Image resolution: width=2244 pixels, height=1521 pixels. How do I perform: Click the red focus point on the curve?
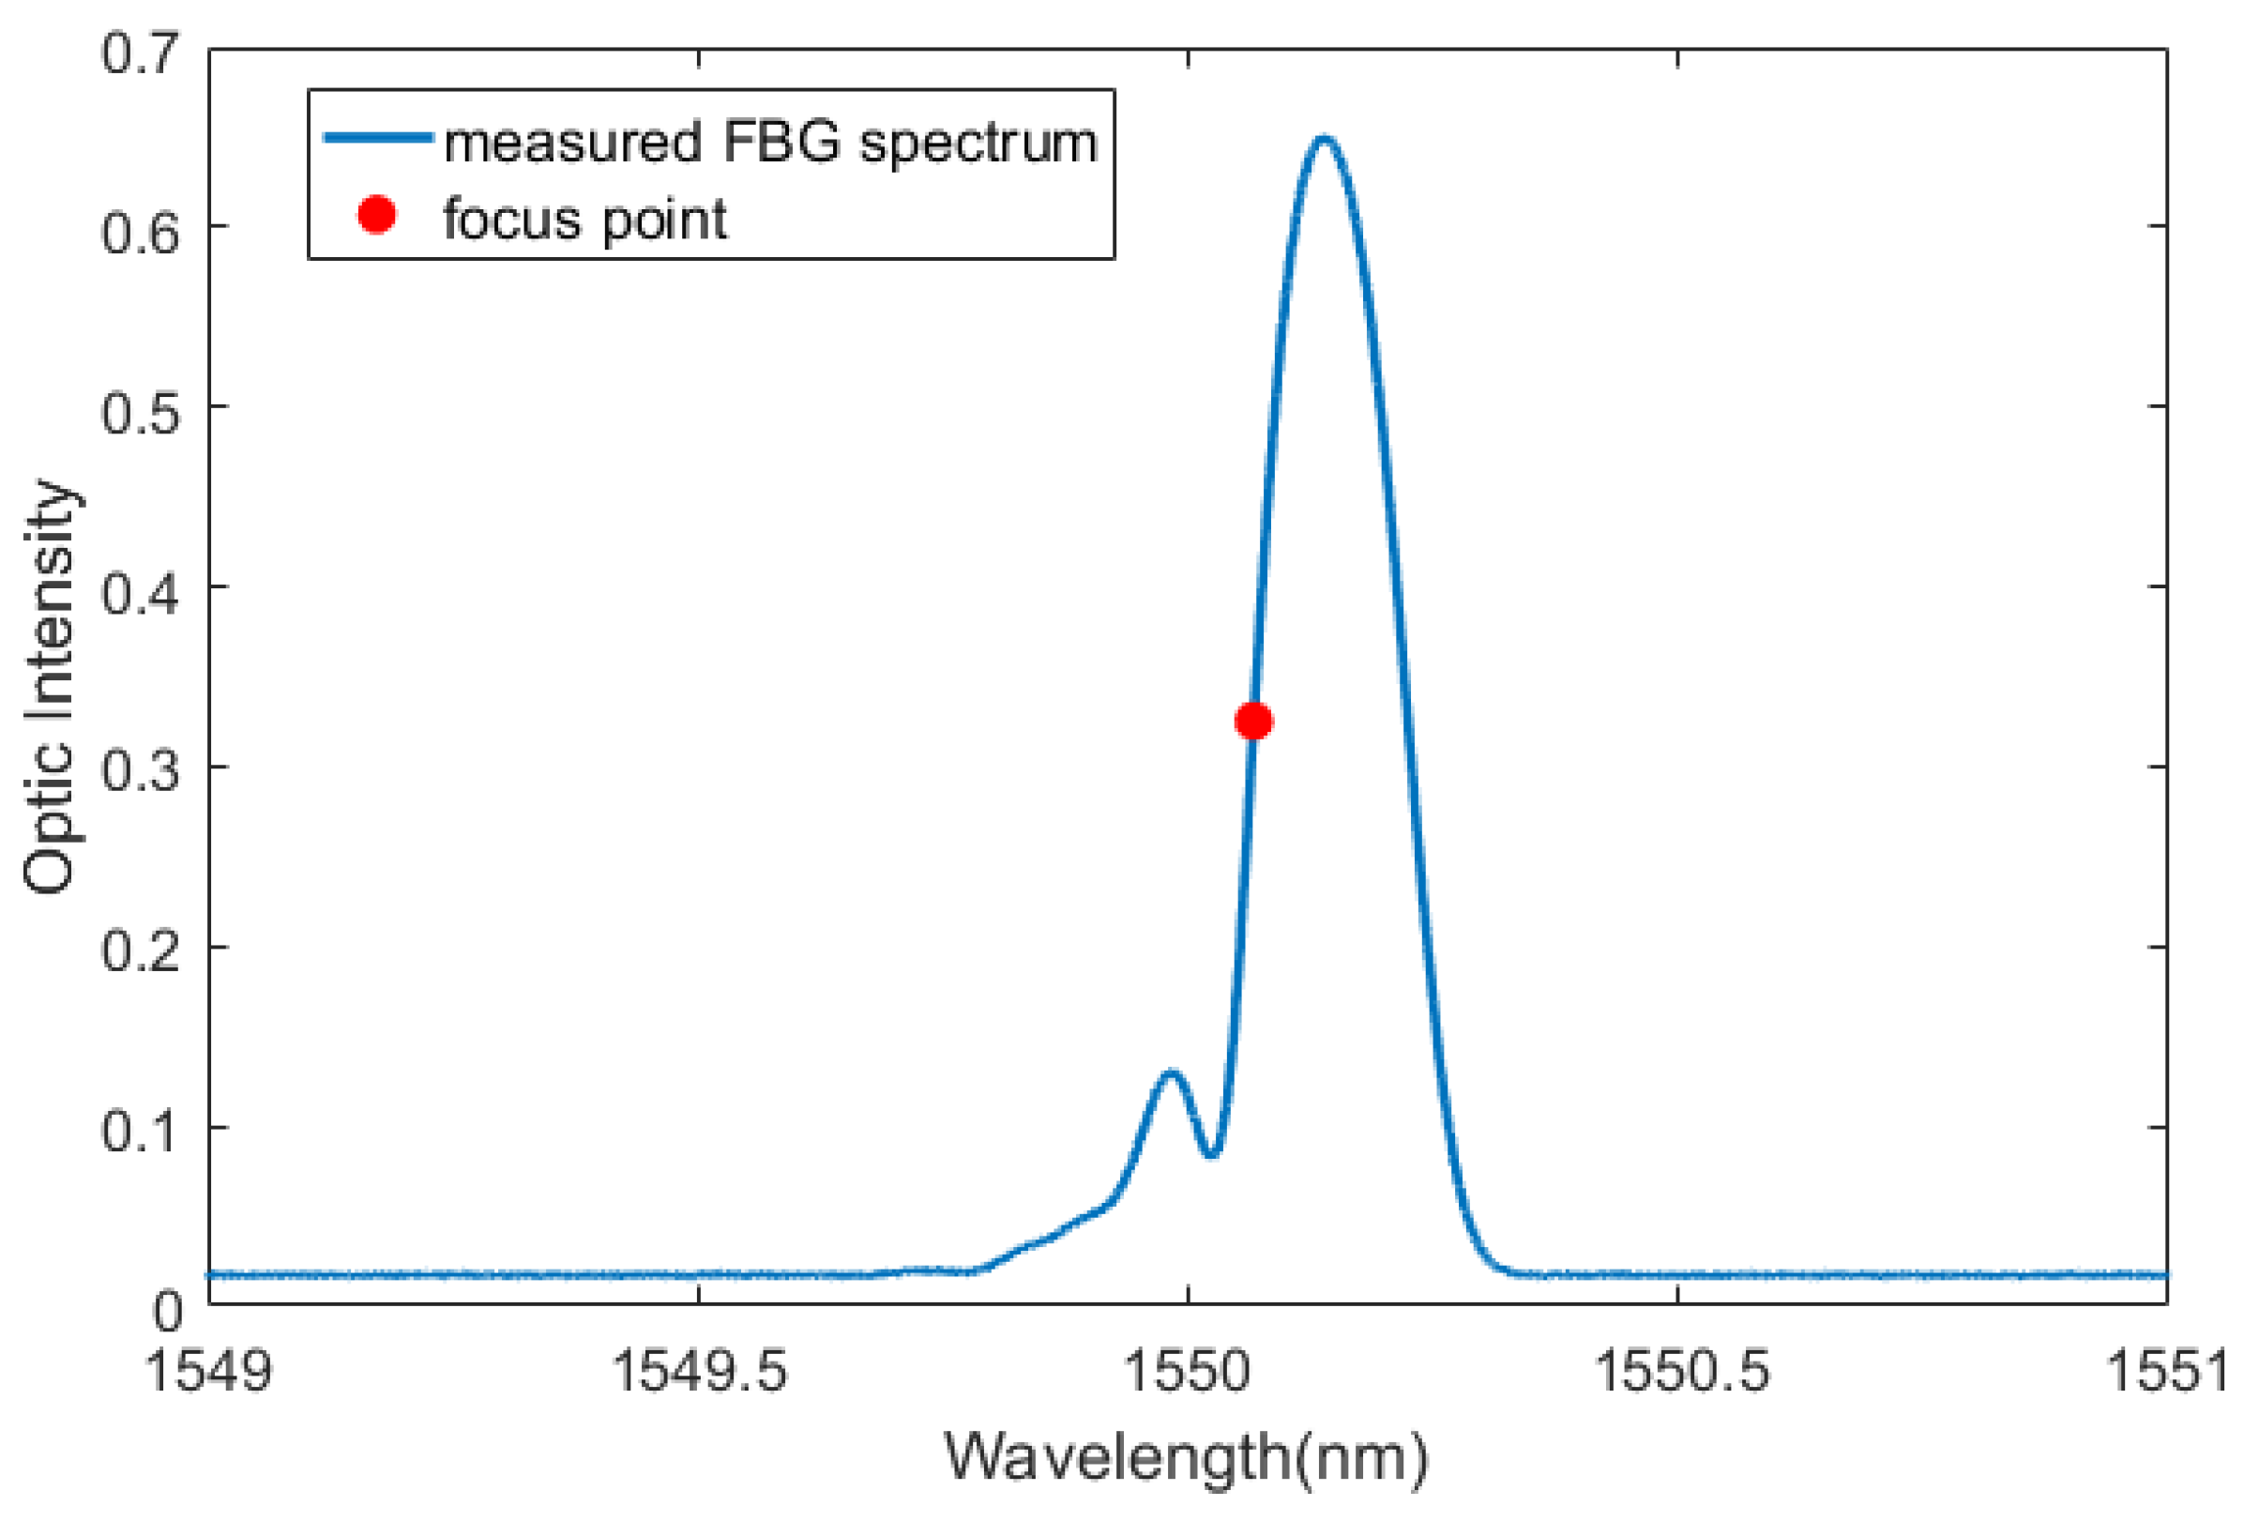[x=1253, y=721]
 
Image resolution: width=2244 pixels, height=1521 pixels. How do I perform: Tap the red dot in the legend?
[x=376, y=214]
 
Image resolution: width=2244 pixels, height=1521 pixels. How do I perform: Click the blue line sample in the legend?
[x=377, y=138]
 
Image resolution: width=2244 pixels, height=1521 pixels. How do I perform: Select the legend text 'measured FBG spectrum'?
[x=770, y=143]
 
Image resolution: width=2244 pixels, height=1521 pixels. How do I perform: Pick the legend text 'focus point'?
[x=585, y=221]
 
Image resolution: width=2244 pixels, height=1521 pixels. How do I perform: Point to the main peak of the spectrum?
[x=1323, y=140]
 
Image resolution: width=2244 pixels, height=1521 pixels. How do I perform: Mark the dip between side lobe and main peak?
[x=1213, y=1152]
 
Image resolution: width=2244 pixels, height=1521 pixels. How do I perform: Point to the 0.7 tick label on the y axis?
[x=141, y=53]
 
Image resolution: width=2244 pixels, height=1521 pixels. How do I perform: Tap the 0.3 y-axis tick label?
[x=141, y=772]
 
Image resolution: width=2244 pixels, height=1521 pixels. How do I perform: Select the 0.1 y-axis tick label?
[x=141, y=1132]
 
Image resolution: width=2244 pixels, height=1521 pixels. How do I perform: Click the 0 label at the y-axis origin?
[x=167, y=1312]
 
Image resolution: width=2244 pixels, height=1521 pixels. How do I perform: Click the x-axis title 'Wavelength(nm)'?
[x=1186, y=1456]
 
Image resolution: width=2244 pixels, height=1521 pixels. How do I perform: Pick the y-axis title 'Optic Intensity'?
[x=51, y=686]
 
